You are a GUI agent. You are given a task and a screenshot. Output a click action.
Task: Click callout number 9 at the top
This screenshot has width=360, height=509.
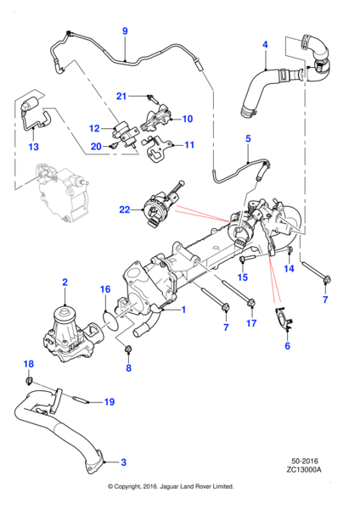click(x=125, y=32)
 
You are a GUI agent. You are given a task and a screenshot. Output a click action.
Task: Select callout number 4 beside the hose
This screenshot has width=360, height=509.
click(x=265, y=45)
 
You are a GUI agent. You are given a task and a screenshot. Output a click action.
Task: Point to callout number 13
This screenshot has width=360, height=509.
click(x=33, y=147)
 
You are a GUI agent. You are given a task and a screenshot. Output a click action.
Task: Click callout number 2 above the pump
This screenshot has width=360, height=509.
click(x=65, y=281)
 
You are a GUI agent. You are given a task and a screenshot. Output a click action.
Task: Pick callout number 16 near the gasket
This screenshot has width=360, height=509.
click(x=104, y=289)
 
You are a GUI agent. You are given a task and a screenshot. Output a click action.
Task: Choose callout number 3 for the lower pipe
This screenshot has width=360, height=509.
click(x=124, y=462)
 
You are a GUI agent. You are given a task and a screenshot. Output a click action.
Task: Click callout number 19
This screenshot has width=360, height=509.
click(x=108, y=401)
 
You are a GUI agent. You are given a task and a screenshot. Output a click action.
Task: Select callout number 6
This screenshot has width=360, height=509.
click(x=287, y=346)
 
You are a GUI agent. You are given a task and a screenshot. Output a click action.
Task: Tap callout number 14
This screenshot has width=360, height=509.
click(x=288, y=268)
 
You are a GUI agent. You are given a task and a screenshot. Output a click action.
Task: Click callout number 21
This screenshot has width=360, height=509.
click(x=121, y=95)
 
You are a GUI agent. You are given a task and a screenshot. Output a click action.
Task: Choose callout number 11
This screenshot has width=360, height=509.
click(x=189, y=145)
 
